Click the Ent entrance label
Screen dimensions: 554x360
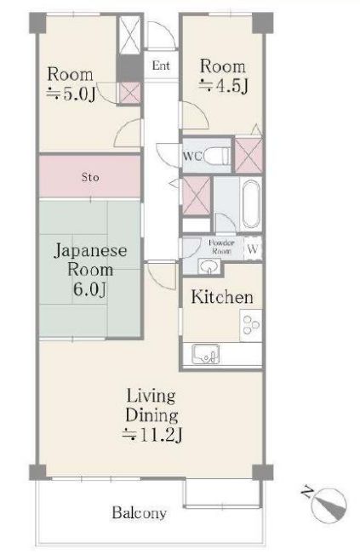click(160, 65)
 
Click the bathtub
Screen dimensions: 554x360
click(250, 203)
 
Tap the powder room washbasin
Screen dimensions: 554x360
click(208, 266)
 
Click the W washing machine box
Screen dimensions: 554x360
click(253, 248)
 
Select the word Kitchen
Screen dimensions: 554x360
click(221, 298)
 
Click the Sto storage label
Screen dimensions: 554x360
click(89, 178)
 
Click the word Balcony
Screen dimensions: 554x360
click(139, 514)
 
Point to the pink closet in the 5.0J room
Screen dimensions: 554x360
click(129, 93)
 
